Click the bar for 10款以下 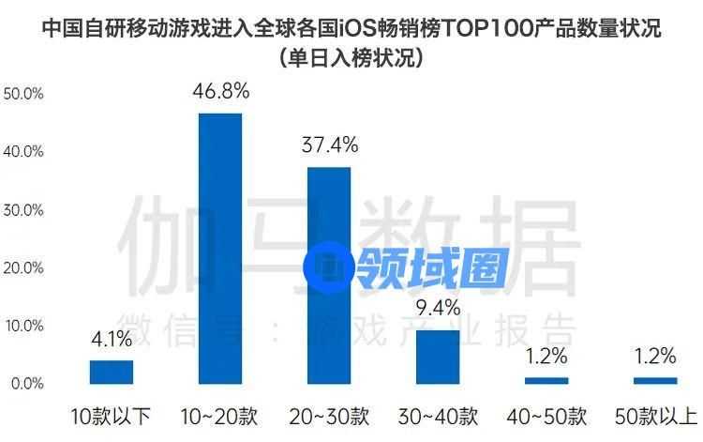[x=112, y=372]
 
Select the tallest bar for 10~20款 [x=220, y=248]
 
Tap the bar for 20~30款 [x=329, y=275]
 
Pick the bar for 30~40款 [x=438, y=357]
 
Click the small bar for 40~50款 [x=546, y=380]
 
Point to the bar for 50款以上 [x=654, y=380]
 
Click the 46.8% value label [x=222, y=91]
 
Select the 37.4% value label [x=329, y=145]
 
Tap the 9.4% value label [x=438, y=307]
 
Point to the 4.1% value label [x=112, y=339]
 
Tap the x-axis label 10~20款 [x=220, y=416]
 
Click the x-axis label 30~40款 [x=438, y=416]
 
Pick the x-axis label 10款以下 [x=112, y=416]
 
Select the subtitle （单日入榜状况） [x=351, y=58]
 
